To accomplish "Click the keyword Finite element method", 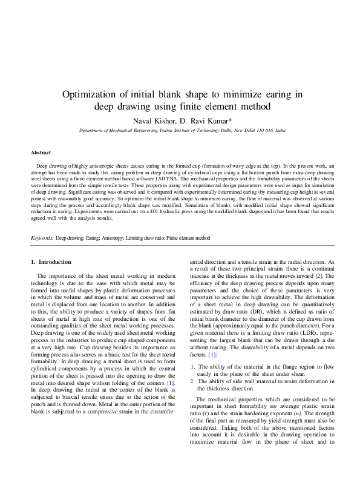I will pos(188,222).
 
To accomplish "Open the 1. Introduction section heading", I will pos(51,261).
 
